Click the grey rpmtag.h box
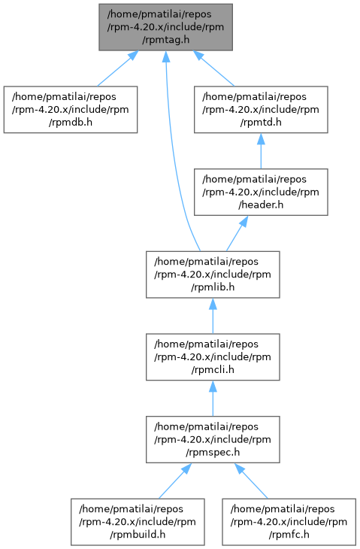point(165,27)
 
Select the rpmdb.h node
point(71,110)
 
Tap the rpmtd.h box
point(261,110)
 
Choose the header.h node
point(261,193)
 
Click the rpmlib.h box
point(213,274)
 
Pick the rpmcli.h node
point(213,357)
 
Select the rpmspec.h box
point(213,439)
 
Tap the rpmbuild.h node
point(138,522)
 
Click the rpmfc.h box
point(289,522)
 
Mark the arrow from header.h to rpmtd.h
point(261,151)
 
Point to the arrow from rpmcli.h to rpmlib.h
point(213,316)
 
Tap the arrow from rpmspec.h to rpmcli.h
point(213,399)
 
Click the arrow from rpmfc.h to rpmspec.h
point(251,481)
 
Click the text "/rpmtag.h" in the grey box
point(165,40)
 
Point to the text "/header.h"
point(261,205)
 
